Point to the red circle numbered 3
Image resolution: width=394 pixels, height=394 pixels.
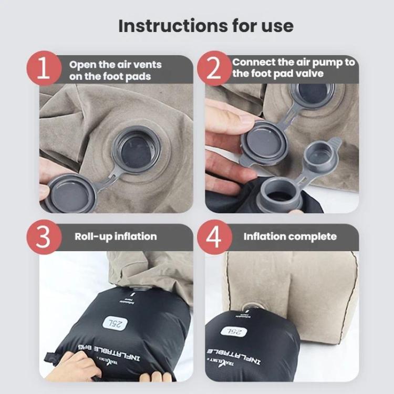pos(45,237)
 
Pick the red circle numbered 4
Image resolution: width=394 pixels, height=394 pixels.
pos(214,237)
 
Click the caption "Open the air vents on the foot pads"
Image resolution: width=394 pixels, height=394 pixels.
pos(116,70)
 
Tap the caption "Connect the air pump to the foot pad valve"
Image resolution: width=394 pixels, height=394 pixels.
pos(294,68)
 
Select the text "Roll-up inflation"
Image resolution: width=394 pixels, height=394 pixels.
pos(116,236)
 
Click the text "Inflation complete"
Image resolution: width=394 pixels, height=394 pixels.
pos(290,236)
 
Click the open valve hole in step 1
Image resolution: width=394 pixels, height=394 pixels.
pos(138,150)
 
